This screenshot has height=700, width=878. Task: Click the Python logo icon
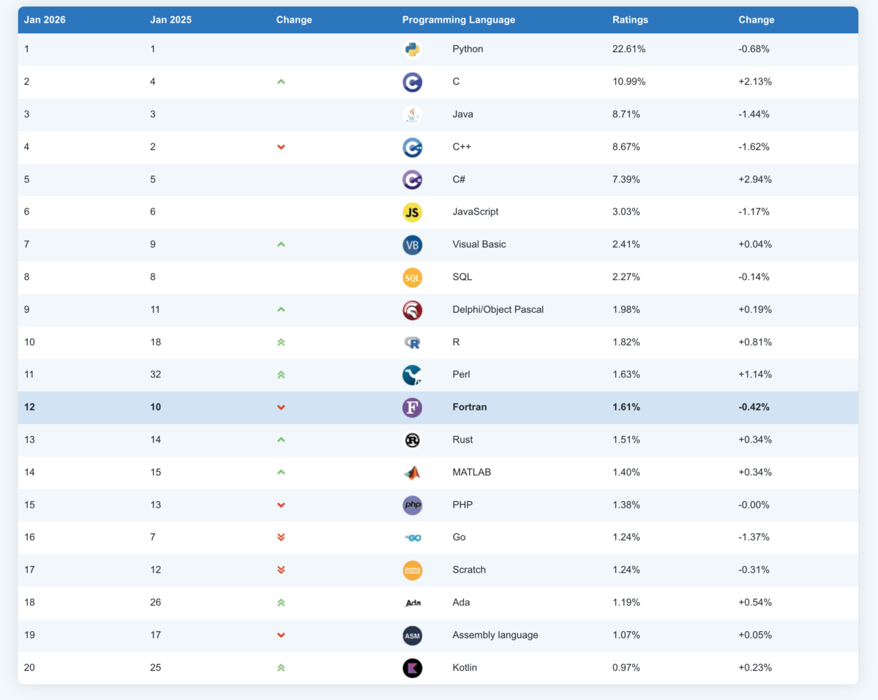point(412,49)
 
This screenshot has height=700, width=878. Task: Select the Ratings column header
point(630,20)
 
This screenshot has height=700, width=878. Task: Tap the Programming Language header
point(459,20)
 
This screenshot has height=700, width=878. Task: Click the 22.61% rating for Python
point(629,49)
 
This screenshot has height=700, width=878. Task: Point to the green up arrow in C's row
point(281,82)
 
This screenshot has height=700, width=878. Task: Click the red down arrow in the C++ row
point(281,147)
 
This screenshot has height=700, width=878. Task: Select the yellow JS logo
point(412,212)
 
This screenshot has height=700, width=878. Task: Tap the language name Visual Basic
point(479,244)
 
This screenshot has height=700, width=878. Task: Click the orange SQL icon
point(412,277)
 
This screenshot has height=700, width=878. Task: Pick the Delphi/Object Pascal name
point(498,309)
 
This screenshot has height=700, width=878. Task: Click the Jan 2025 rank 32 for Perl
point(155,375)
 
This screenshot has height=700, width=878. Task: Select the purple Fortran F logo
point(412,407)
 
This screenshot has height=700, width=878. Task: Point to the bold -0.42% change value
point(754,407)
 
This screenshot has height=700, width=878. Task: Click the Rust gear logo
point(412,440)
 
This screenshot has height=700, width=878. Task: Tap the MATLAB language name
point(472,472)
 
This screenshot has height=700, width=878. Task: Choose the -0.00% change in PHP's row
point(754,505)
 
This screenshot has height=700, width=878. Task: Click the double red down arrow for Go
point(281,537)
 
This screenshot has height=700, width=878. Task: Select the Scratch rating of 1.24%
point(626,570)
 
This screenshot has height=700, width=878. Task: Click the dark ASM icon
point(412,636)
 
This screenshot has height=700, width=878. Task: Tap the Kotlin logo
point(412,669)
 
